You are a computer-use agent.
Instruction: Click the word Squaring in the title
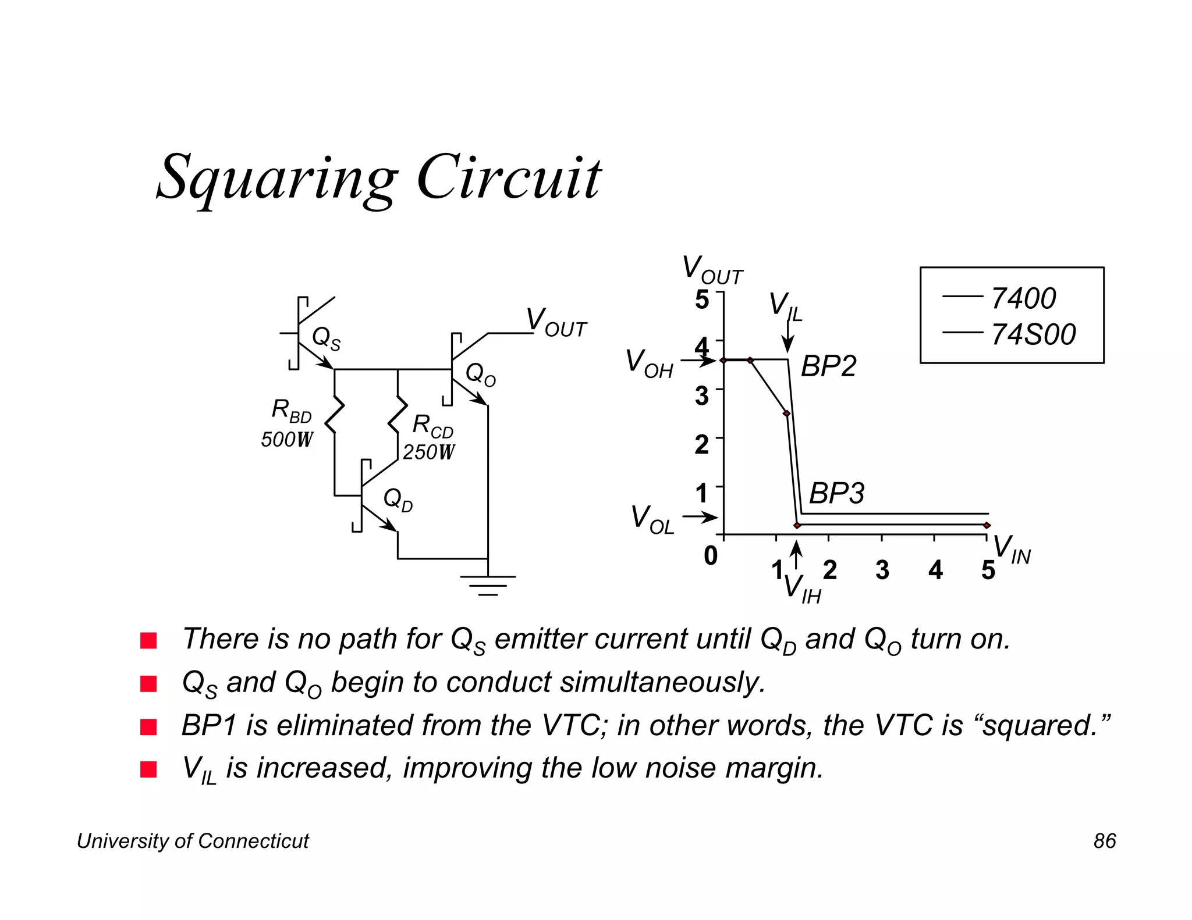(x=277, y=177)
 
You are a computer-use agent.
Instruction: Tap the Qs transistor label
(x=326, y=338)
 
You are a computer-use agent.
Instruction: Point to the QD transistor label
(x=398, y=500)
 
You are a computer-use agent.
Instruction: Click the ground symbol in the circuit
(x=488, y=585)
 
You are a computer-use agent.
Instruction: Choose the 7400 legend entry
(x=1023, y=298)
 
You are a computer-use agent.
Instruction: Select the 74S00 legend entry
(x=1033, y=334)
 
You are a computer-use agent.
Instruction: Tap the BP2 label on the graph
(x=828, y=366)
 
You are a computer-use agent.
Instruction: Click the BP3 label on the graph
(x=836, y=493)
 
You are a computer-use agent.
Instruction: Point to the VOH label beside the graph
(x=649, y=363)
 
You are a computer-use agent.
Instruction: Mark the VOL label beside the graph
(x=652, y=519)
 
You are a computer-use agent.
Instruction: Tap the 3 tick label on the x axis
(x=882, y=570)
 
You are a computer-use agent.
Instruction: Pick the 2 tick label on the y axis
(x=702, y=445)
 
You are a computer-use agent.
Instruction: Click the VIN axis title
(x=1012, y=550)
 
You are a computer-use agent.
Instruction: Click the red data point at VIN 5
(x=987, y=525)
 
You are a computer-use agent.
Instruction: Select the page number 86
(x=1104, y=841)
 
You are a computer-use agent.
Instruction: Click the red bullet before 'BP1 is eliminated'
(x=149, y=727)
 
